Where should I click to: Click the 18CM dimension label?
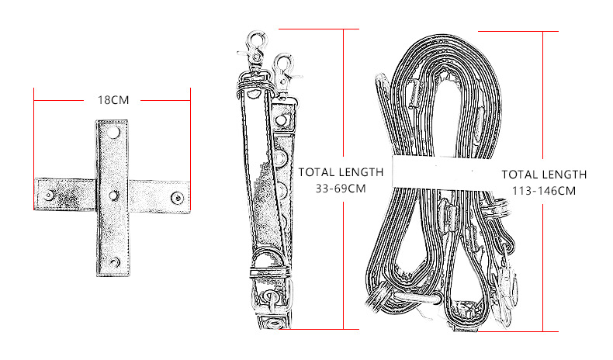point(113,100)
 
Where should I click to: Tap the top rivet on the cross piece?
point(113,134)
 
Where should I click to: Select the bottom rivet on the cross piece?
point(113,262)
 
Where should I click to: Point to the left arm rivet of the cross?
point(50,195)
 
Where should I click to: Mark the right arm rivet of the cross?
point(178,197)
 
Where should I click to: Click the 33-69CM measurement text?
point(341,189)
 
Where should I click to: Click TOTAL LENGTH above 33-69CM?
point(341,172)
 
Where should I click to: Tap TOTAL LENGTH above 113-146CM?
point(544,175)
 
